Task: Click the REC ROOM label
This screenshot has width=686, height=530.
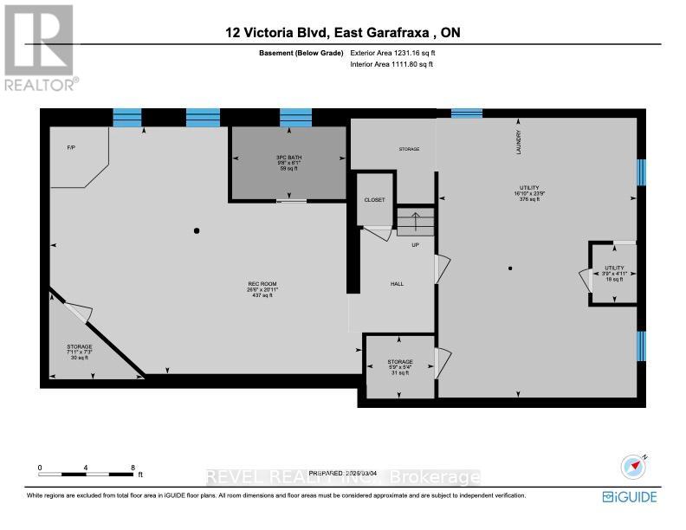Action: click(x=262, y=284)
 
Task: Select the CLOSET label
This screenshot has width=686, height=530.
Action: click(x=374, y=200)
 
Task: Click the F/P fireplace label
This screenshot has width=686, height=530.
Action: click(x=71, y=148)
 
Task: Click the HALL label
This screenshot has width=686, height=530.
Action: click(x=397, y=284)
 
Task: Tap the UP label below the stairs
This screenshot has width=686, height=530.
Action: click(x=415, y=245)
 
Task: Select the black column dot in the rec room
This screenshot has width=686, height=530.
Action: click(x=197, y=230)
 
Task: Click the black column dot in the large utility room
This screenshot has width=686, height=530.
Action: click(x=510, y=268)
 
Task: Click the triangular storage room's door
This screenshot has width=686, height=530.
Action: click(x=76, y=313)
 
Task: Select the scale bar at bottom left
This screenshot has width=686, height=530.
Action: click(x=87, y=474)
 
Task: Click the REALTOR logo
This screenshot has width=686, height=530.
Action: click(x=40, y=47)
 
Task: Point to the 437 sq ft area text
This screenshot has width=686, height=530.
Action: click(x=262, y=295)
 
